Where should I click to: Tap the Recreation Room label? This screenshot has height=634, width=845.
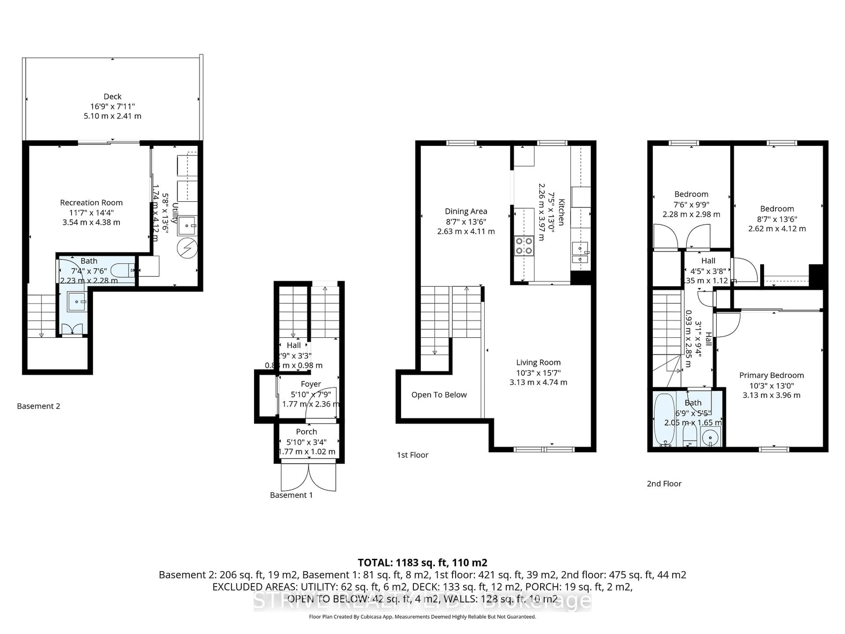pyautogui.click(x=91, y=203)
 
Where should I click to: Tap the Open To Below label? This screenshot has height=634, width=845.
pyautogui.click(x=439, y=395)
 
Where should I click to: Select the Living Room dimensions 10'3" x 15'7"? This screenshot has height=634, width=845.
pyautogui.click(x=538, y=373)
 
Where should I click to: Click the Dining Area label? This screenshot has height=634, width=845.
pyautogui.click(x=466, y=211)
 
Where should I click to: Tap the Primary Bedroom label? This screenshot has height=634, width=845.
pyautogui.click(x=771, y=375)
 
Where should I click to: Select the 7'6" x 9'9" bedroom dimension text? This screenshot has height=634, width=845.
pyautogui.click(x=691, y=205)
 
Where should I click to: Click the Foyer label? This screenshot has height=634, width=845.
pyautogui.click(x=310, y=384)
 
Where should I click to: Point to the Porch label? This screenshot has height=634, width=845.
pyautogui.click(x=306, y=431)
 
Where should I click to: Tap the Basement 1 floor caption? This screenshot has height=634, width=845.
pyautogui.click(x=291, y=495)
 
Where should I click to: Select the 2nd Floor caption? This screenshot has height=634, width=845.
pyautogui.click(x=664, y=484)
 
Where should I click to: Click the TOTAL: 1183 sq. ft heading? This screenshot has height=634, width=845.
pyautogui.click(x=422, y=562)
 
